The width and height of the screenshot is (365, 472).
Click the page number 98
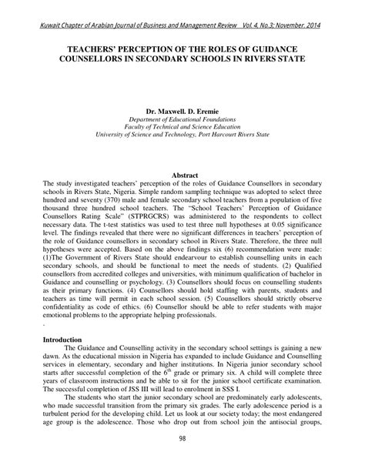(x=182, y=439)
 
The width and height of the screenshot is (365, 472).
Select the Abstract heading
(x=182, y=176)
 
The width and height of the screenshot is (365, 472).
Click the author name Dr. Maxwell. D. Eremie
(x=182, y=110)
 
